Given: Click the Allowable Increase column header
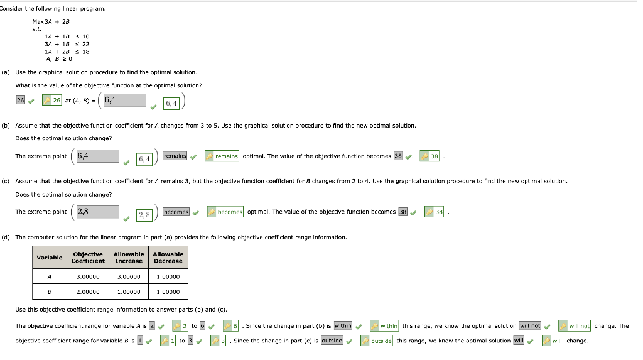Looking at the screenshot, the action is click(x=129, y=258).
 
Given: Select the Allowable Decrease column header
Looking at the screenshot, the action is click(x=168, y=258).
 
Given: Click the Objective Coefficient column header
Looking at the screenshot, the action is click(x=88, y=258).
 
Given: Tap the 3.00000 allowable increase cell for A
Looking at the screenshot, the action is click(x=129, y=276).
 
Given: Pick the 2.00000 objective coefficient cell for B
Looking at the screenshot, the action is click(x=88, y=292).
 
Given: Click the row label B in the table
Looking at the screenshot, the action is click(x=50, y=292).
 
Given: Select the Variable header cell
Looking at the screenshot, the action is click(x=50, y=258).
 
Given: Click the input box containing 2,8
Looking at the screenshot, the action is click(x=97, y=212).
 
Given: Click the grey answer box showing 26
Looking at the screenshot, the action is click(x=21, y=100).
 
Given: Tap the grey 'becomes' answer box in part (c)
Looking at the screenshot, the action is click(x=176, y=212).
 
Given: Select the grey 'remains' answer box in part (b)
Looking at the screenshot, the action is click(x=175, y=156).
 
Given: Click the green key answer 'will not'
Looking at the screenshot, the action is click(x=575, y=326).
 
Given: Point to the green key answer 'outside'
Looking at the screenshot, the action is click(x=377, y=341).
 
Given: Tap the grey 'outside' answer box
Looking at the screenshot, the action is click(x=332, y=341).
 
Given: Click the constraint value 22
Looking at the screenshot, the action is click(x=85, y=44).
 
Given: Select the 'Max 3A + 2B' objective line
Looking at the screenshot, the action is click(x=51, y=22).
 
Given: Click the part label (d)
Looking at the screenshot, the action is click(x=5, y=237).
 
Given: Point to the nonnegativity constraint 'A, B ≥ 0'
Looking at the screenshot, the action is click(x=58, y=59).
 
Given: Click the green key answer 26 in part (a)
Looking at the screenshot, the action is click(x=51, y=100).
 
